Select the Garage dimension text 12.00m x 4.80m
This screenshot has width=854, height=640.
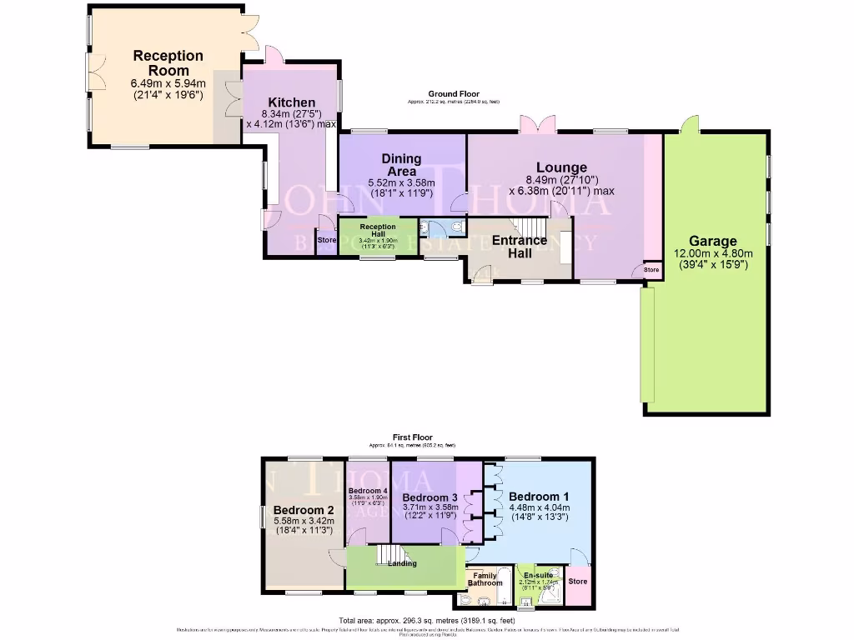click(712, 254)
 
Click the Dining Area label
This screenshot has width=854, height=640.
click(401, 165)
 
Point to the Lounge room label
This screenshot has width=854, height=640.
click(561, 167)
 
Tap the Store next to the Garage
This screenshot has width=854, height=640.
click(651, 270)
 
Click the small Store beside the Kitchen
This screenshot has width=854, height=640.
click(326, 241)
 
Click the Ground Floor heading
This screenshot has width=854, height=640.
click(452, 93)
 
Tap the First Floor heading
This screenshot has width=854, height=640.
click(414, 437)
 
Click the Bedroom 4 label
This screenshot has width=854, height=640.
click(368, 491)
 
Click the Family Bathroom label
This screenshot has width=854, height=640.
click(485, 579)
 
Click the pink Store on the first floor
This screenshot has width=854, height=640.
click(578, 582)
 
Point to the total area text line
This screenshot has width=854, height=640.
click(426, 620)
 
